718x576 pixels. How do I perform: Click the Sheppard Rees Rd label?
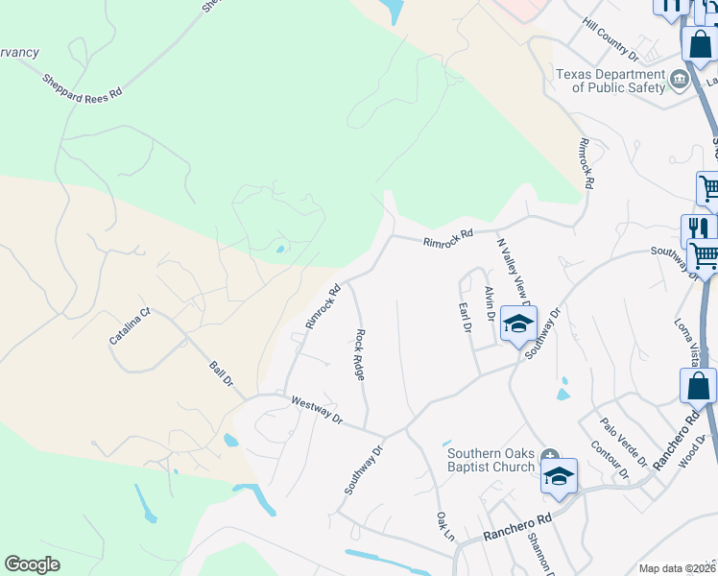(83, 84)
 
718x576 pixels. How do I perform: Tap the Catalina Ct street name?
(131, 325)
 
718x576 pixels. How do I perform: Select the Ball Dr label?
(222, 373)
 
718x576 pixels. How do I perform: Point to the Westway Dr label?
(317, 409)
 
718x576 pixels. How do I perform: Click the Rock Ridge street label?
(360, 355)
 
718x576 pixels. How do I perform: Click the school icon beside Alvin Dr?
(518, 324)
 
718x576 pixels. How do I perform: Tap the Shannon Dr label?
(537, 553)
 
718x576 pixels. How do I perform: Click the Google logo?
(33, 564)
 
